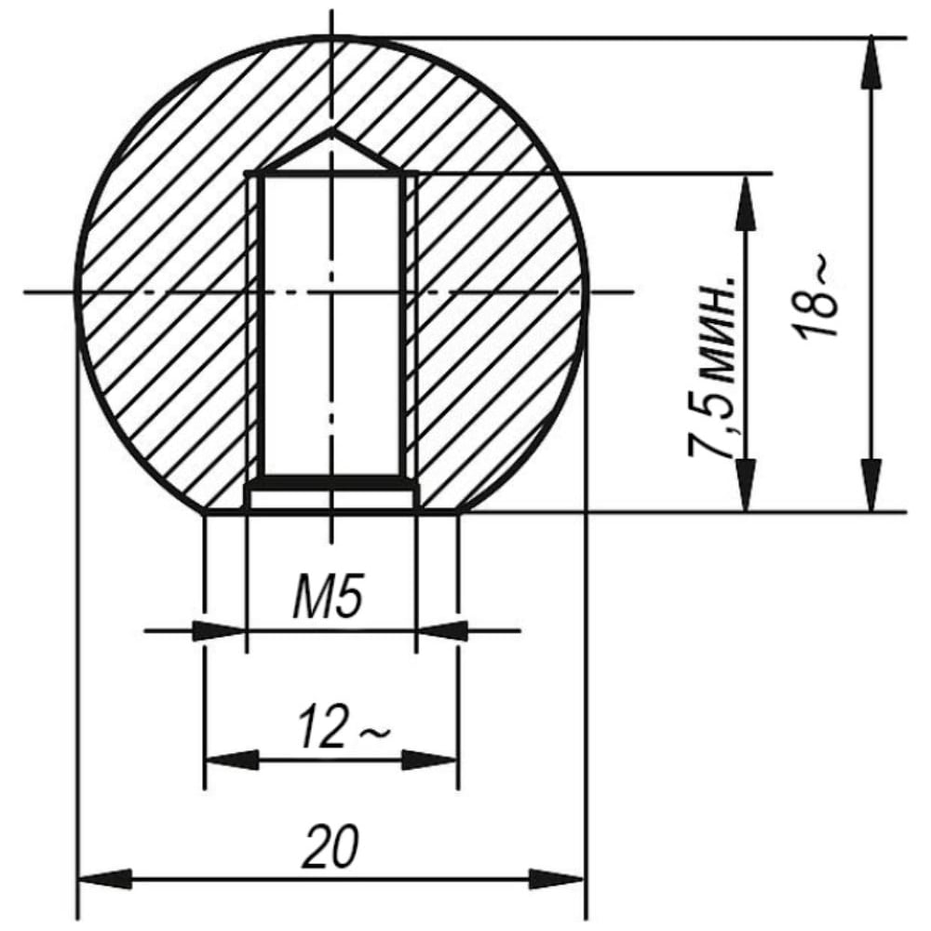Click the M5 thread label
pyautogui.click(x=328, y=595)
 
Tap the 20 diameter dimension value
pyautogui.click(x=331, y=845)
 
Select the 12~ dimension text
pyautogui.click(x=344, y=725)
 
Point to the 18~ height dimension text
pyautogui.click(x=817, y=298)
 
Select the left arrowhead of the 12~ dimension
pyautogui.click(x=232, y=760)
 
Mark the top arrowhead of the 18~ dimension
pyautogui.click(x=870, y=64)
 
